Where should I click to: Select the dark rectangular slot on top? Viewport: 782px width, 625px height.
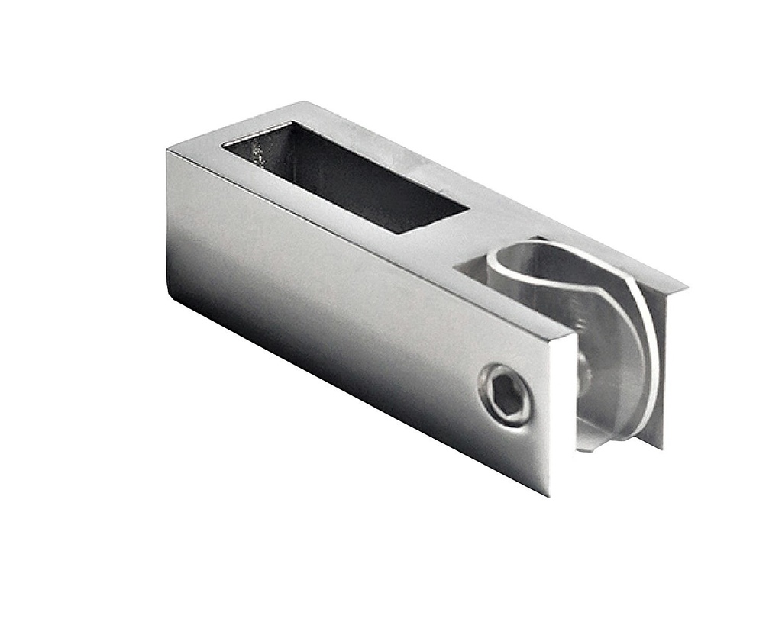(x=351, y=179)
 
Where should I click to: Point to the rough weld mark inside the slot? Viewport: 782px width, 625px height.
(x=258, y=157)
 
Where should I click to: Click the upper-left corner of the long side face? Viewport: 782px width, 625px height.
(x=167, y=150)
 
